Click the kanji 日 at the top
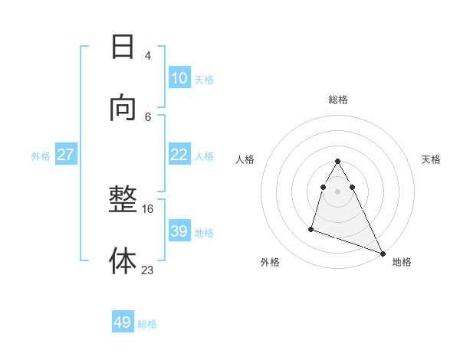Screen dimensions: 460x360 (123, 47)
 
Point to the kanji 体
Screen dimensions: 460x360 (123, 260)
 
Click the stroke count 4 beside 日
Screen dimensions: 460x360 (148, 55)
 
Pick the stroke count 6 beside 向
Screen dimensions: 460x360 (148, 116)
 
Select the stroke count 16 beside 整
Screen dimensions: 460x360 (147, 208)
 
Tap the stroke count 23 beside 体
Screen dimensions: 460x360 (147, 270)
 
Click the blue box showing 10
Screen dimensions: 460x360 (179, 78)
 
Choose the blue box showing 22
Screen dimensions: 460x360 (179, 155)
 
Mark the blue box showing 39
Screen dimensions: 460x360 (179, 231)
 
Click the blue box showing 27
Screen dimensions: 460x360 (65, 155)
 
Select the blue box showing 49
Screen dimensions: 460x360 (123, 322)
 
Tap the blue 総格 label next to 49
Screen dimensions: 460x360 (147, 324)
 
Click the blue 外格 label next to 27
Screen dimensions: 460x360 (41, 156)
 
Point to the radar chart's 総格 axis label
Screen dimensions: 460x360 (338, 100)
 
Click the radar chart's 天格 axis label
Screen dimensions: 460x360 (432, 159)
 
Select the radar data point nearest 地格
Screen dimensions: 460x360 (383, 253)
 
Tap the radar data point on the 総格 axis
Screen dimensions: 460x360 (338, 161)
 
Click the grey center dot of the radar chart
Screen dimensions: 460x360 (338, 191)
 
